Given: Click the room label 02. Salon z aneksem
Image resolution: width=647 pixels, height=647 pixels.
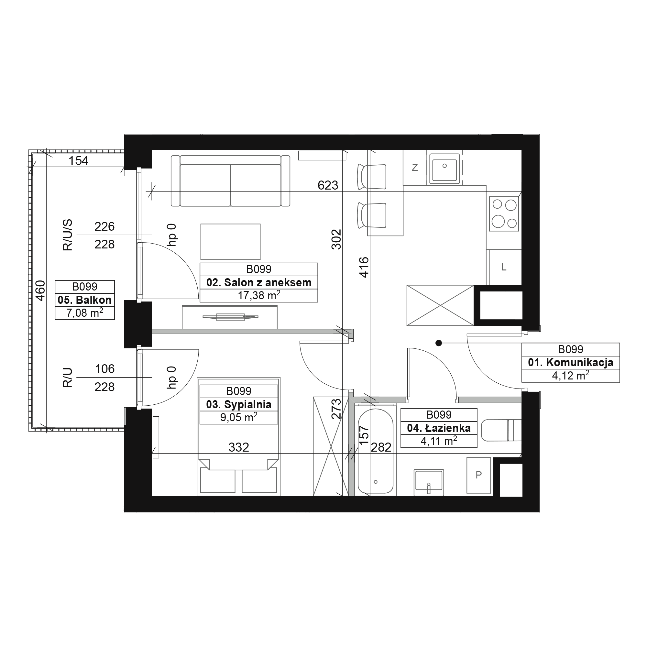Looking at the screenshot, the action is (258, 283).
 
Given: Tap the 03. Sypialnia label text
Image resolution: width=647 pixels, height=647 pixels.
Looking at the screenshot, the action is (238, 405).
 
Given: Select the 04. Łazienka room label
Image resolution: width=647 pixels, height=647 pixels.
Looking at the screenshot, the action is (439, 428).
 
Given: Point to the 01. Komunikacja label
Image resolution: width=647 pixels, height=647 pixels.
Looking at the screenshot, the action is (570, 362).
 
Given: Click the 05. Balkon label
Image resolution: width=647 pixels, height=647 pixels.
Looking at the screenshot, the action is (84, 300).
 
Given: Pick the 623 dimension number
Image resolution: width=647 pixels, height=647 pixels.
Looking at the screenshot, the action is (328, 185).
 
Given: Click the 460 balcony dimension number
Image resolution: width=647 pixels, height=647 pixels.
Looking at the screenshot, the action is (40, 291).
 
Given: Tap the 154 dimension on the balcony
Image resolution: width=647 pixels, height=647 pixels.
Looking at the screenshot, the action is (78, 161).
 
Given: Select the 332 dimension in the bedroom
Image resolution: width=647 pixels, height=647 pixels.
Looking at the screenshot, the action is (239, 447).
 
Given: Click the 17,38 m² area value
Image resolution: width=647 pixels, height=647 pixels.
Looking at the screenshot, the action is (259, 295).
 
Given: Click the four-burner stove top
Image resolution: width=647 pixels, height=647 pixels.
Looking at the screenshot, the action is (504, 214).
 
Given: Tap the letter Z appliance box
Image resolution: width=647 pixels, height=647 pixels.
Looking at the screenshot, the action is (415, 168).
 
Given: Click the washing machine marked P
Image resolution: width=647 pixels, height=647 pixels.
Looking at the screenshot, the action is (478, 475).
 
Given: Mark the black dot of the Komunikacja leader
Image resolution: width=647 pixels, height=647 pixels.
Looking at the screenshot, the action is (438, 343).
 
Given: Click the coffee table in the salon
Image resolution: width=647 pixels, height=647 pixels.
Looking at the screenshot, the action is (230, 242).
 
